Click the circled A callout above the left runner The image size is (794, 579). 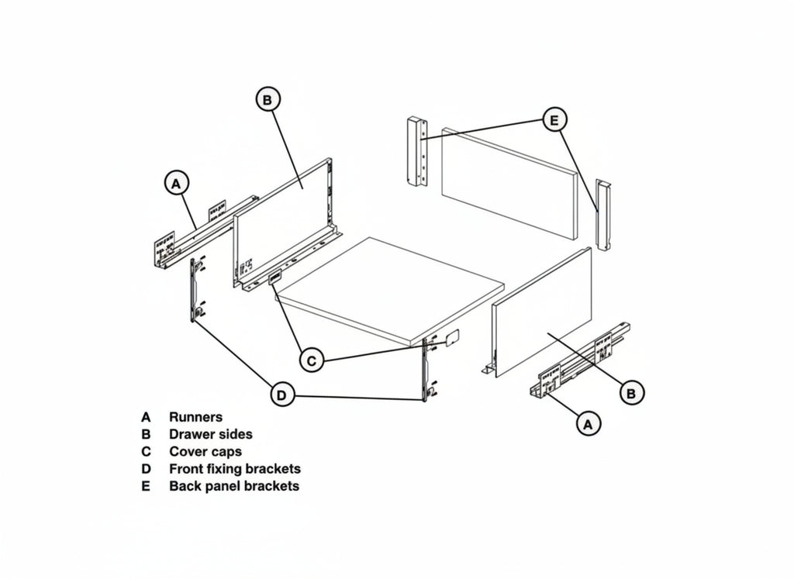pos(176,184)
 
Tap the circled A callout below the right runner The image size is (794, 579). pos(588,423)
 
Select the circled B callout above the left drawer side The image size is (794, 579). pos(268,100)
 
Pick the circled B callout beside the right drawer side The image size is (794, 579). pos(631,393)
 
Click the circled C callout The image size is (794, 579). pos(312,361)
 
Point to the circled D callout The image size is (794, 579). pos(281,395)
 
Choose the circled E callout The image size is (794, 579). pos(554,120)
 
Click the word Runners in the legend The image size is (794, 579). pos(195,418)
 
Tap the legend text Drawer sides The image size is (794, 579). pos(211,435)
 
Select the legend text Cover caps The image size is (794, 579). pos(205,452)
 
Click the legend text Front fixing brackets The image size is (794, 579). pos(235,469)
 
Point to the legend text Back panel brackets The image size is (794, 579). pos(234,487)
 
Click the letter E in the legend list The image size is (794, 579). pos(146,487)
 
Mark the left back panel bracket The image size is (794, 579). pos(416,152)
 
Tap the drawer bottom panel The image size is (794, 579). pos(391,291)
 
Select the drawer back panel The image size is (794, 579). pos(509,183)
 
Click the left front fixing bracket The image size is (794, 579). pos(196,290)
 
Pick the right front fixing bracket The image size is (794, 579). pos(427,369)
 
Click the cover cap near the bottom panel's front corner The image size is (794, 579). pos(452,337)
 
